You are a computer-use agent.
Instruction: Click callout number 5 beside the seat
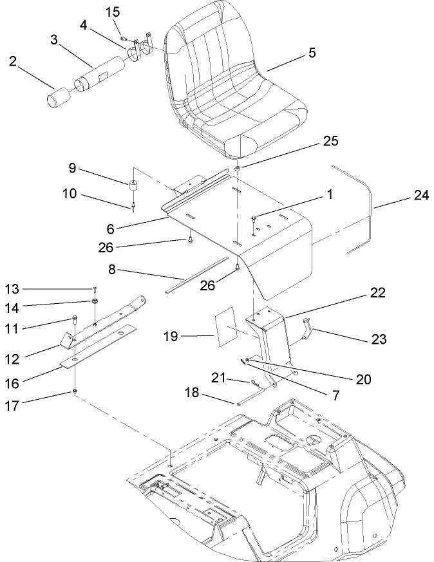click(312, 53)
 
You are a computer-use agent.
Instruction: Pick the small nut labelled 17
click(75, 392)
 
